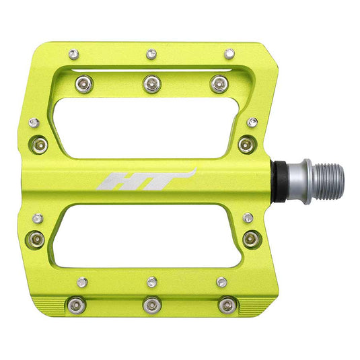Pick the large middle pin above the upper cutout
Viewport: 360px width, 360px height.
point(151,83)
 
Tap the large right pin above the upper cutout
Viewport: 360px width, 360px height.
point(217,83)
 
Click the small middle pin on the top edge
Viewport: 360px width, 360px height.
point(152,53)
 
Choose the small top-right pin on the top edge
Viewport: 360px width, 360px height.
point(229,52)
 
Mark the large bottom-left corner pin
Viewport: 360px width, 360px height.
point(75,305)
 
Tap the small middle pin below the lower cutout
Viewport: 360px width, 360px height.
point(152,281)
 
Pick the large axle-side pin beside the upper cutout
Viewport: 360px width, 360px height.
point(246,143)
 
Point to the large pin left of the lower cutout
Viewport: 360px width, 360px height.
point(38,238)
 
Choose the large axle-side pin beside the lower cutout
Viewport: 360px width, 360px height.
point(250,238)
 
